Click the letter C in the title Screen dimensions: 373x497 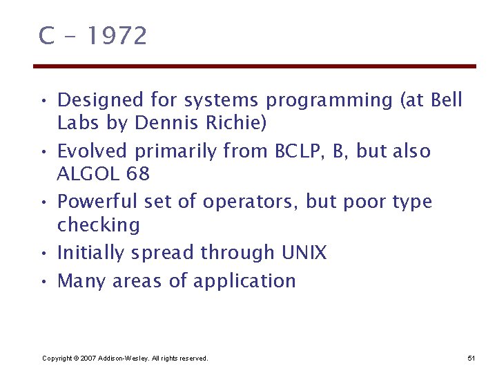click(x=46, y=36)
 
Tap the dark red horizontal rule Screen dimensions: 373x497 click(x=255, y=66)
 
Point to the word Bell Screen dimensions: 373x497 click(x=446, y=100)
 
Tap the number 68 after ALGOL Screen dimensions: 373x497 click(x=138, y=174)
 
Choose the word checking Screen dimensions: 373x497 click(x=99, y=225)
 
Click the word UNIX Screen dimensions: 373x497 click(x=304, y=253)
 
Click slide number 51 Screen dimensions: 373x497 click(x=471, y=358)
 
